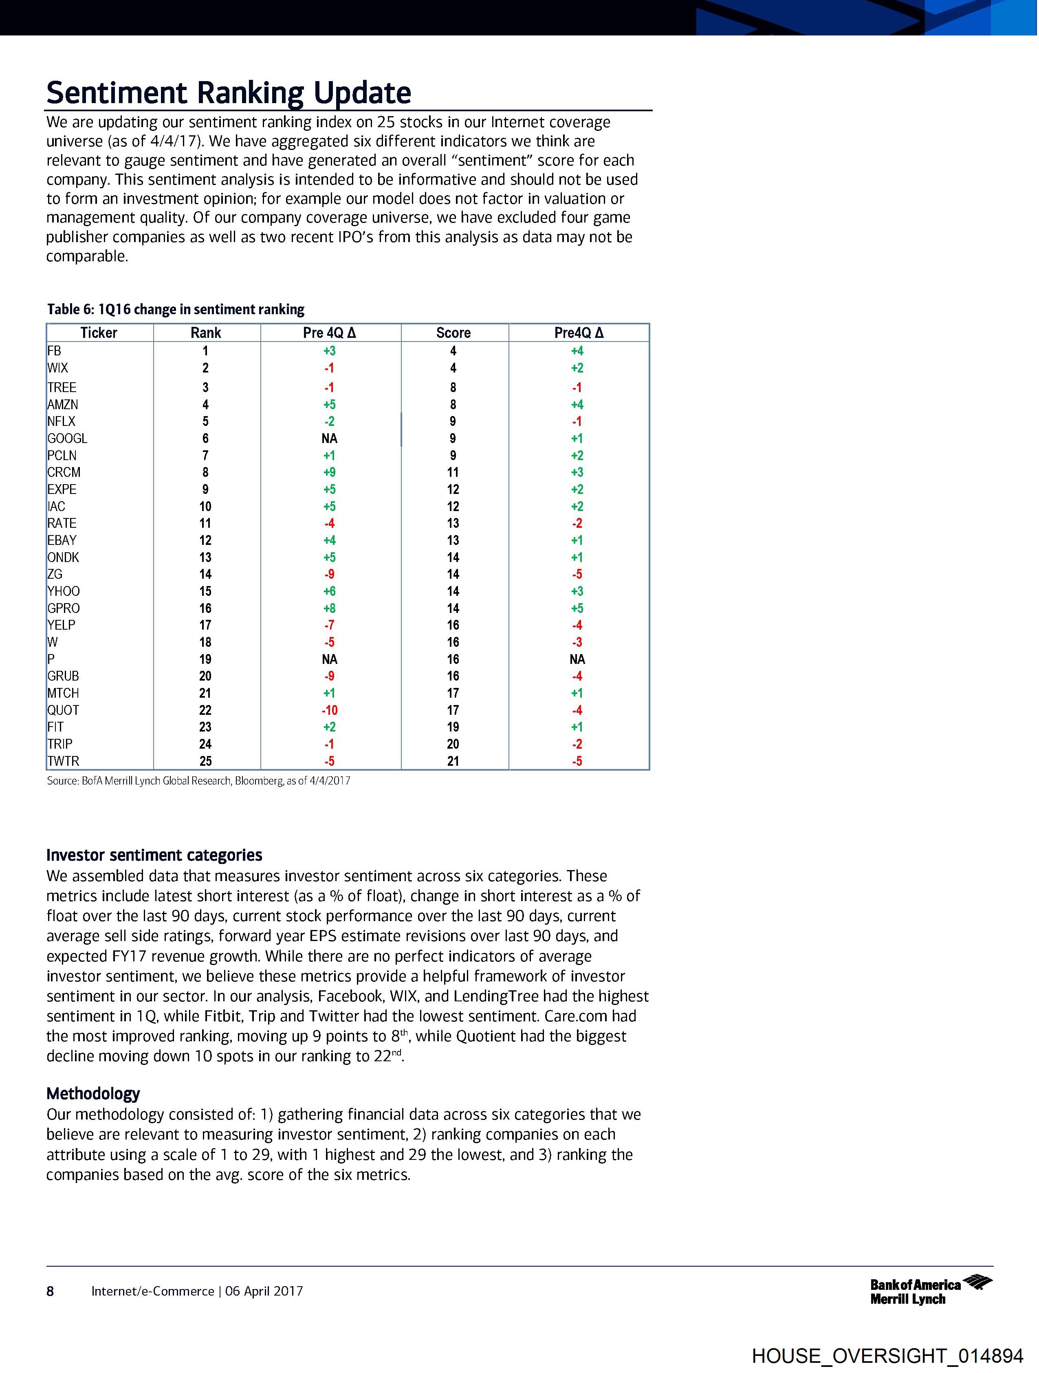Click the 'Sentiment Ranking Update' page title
click(229, 93)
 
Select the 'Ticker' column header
click(99, 333)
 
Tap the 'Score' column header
click(453, 333)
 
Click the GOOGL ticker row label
click(67, 438)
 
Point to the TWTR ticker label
click(63, 761)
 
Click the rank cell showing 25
click(205, 761)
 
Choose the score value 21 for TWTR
click(453, 761)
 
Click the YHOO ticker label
click(63, 591)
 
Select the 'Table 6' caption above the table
click(176, 309)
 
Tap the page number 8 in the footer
click(50, 1291)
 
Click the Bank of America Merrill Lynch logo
click(930, 1291)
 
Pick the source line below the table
click(198, 781)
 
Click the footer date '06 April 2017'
click(264, 1291)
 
